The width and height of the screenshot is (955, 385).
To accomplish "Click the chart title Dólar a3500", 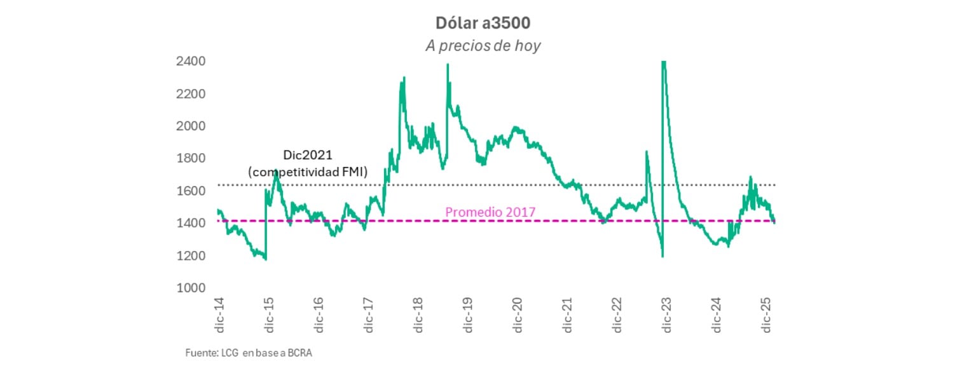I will coord(483,23).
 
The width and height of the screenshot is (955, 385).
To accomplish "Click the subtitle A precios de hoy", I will coord(483,46).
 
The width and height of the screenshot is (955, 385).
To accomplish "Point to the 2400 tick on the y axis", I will coord(191,62).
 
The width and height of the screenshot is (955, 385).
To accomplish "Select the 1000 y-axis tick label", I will coord(191,288).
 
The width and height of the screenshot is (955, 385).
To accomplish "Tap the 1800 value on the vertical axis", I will coord(191,158).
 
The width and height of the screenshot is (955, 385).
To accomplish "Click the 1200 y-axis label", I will coord(191,255).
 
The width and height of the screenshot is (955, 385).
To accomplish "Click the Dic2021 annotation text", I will coord(307,156).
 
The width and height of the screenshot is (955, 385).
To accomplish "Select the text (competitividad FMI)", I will coord(307,171).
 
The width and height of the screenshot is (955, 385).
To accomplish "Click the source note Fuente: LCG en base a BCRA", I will coord(249,353).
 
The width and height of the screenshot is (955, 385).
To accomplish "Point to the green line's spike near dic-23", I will coord(663,64).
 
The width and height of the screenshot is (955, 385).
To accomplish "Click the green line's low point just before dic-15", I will coord(265,259).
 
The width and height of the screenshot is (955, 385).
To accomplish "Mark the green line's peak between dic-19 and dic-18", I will coord(448,65).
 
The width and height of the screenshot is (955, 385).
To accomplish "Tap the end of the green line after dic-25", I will coord(774,222).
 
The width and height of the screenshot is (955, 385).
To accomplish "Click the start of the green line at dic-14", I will coord(217,210).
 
